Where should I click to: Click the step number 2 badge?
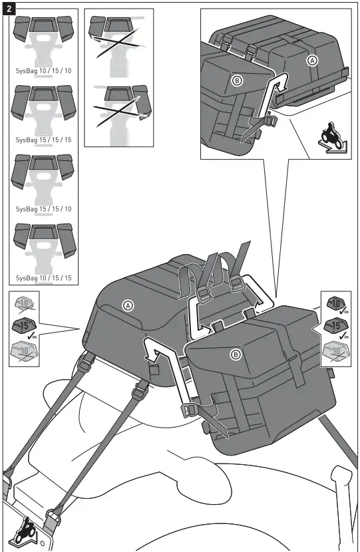coord(8,8)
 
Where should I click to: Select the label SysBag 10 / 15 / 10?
coord(43,70)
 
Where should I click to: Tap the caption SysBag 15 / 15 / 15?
coord(43,140)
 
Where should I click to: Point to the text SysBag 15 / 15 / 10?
coord(43,209)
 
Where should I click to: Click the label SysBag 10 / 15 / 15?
coord(43,277)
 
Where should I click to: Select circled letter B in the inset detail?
coord(236,80)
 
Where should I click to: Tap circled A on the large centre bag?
coord(128,305)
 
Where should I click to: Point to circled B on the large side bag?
coord(236,354)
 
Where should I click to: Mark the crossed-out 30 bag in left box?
coord(25,350)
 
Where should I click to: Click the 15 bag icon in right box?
coord(335,327)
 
